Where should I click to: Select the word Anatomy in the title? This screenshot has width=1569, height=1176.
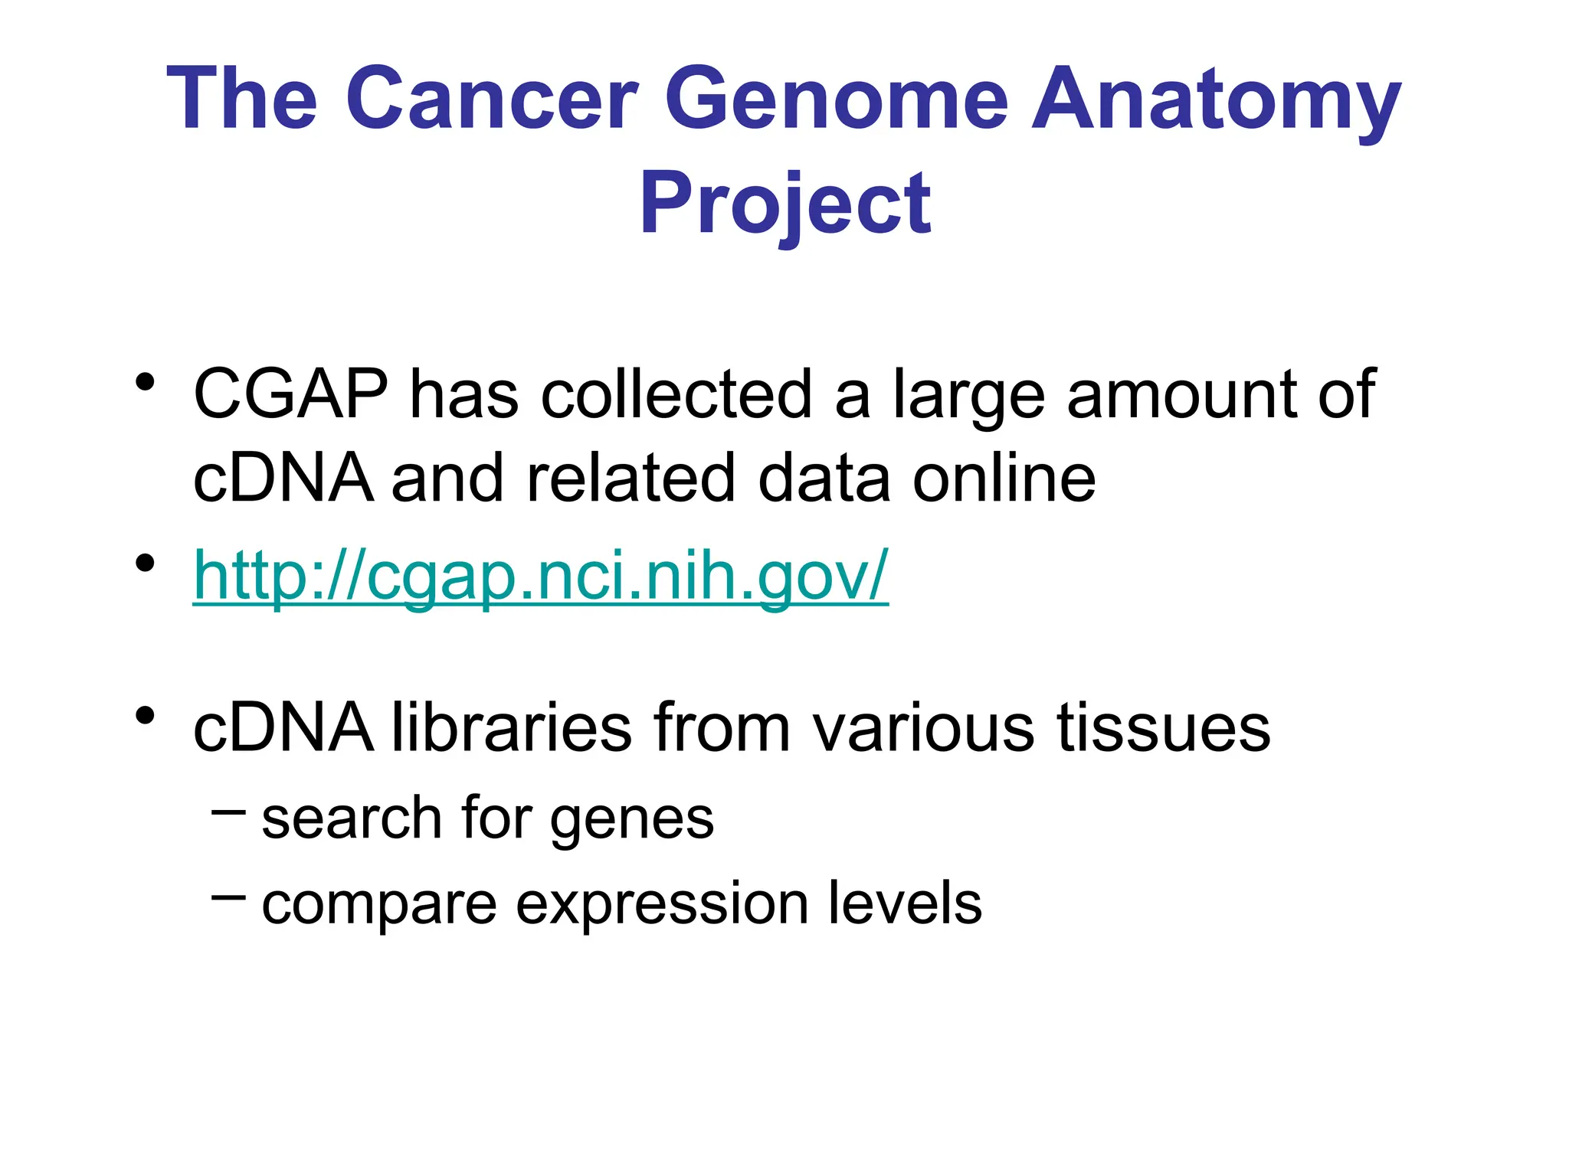tap(1216, 100)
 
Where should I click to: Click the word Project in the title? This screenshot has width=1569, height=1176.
tap(784, 203)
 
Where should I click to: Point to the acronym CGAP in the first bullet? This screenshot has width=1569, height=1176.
tap(290, 394)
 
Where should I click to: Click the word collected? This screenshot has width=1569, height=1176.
tap(676, 394)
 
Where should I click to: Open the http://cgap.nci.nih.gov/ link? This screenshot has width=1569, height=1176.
tap(540, 575)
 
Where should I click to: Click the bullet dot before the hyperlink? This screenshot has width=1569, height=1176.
tap(145, 563)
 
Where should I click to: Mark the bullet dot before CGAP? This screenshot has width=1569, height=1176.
tap(145, 381)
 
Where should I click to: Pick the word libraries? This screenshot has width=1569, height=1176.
tap(512, 727)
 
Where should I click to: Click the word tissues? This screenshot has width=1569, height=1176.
tap(1163, 727)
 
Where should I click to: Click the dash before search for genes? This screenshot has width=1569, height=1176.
tap(228, 811)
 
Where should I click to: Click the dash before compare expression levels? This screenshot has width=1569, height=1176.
tap(228, 895)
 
